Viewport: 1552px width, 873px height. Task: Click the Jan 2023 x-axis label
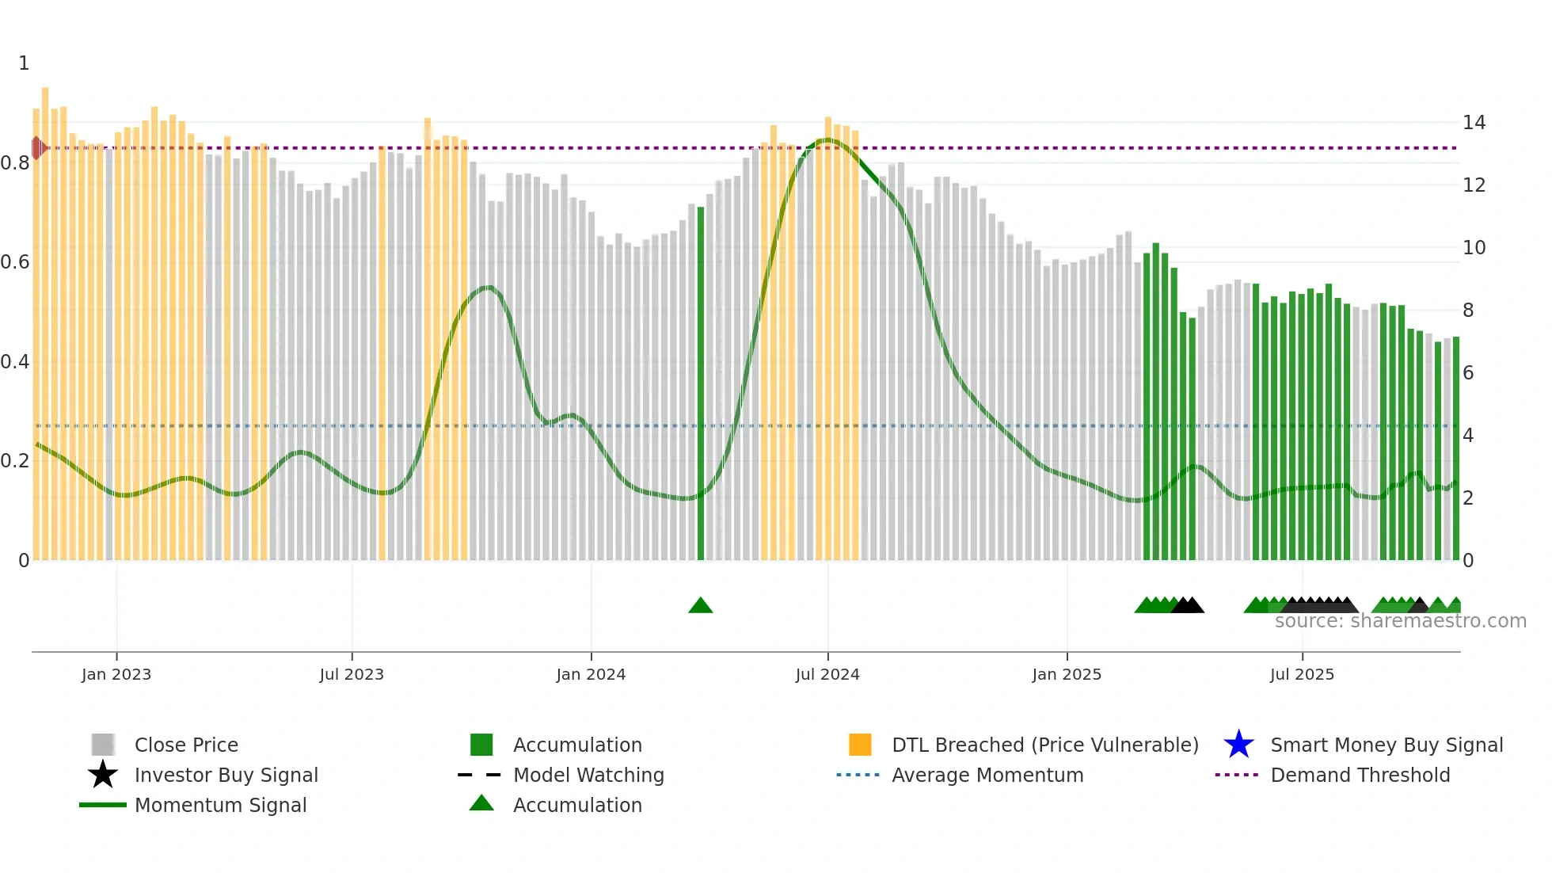(116, 674)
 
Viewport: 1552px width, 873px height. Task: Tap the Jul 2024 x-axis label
(827, 674)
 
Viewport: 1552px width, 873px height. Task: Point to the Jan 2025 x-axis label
(1067, 674)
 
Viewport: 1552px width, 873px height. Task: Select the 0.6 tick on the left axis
(15, 262)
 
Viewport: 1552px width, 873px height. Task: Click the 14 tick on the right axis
(1474, 123)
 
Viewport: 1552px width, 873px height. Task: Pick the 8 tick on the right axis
(1468, 311)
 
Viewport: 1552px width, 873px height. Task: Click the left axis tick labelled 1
(24, 63)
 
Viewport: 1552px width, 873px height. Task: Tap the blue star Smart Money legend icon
(1238, 745)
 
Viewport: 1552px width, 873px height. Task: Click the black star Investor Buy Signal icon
(103, 775)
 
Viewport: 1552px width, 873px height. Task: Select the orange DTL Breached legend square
(860, 745)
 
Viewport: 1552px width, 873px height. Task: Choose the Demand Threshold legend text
(1360, 775)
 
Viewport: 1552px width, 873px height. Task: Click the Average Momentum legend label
(987, 775)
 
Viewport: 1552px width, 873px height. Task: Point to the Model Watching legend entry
(588, 775)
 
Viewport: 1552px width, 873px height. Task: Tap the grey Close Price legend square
(103, 745)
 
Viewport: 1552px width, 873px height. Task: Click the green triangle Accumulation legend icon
(481, 803)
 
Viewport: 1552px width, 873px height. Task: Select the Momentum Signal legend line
(103, 805)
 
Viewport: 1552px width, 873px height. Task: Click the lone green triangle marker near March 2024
(701, 606)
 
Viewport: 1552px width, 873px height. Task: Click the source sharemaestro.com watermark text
(1400, 621)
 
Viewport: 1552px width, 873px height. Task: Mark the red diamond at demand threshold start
(36, 147)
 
